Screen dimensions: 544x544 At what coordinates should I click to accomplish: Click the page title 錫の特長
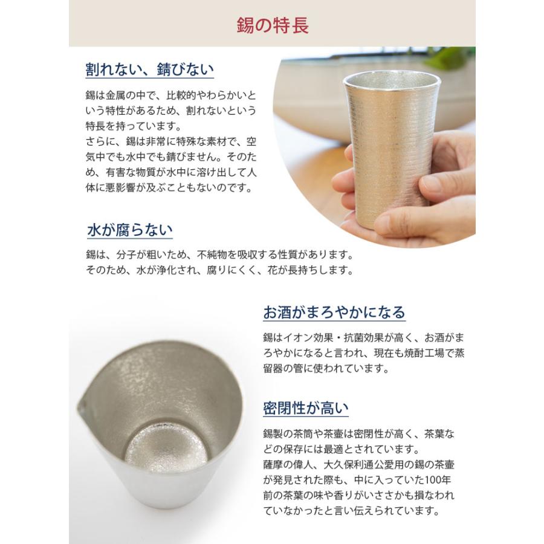pyautogui.click(x=271, y=25)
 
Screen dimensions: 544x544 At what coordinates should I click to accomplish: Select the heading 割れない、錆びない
pyautogui.click(x=149, y=69)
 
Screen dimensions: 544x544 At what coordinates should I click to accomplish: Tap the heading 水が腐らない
pyautogui.click(x=130, y=230)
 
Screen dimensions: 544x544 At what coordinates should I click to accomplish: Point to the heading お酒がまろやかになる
pyautogui.click(x=334, y=312)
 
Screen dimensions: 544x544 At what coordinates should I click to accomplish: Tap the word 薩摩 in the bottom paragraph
pyautogui.click(x=274, y=464)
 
